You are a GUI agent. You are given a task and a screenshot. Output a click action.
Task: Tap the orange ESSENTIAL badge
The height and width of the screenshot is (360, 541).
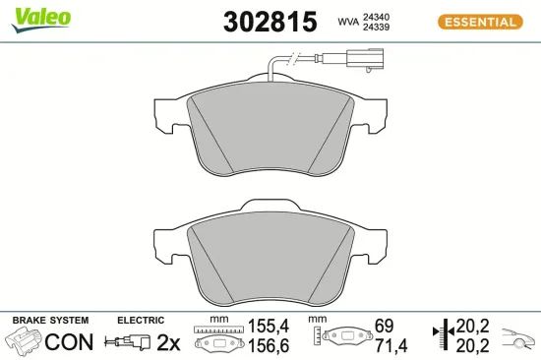[478, 21]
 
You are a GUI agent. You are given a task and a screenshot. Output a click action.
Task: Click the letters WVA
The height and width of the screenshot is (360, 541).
[348, 21]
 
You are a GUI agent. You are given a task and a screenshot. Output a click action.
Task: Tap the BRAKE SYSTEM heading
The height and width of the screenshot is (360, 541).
[50, 321]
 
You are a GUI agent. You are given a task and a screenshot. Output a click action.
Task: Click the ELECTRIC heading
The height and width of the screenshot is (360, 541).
[141, 321]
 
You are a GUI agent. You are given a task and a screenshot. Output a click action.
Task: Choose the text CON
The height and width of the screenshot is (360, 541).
[70, 342]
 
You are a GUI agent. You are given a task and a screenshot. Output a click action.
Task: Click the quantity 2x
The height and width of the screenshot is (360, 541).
[169, 342]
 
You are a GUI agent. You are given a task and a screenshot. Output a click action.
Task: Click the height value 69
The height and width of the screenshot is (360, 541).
[385, 326]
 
